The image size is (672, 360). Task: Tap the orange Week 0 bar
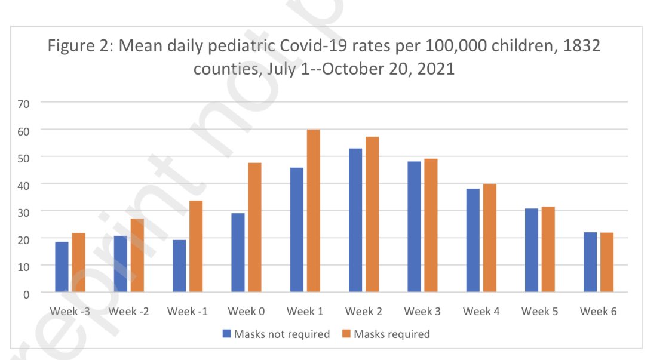254,227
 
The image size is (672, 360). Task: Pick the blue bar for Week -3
62,267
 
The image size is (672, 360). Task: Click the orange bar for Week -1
196,246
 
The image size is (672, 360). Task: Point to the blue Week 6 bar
590,262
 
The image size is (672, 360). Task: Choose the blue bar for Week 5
531,250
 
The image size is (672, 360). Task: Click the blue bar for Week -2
120,264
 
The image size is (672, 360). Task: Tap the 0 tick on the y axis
26,293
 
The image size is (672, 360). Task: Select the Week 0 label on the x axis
246,312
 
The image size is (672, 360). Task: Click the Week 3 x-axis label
422,312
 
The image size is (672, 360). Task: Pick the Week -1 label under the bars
188,312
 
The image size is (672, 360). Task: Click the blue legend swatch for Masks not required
226,334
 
